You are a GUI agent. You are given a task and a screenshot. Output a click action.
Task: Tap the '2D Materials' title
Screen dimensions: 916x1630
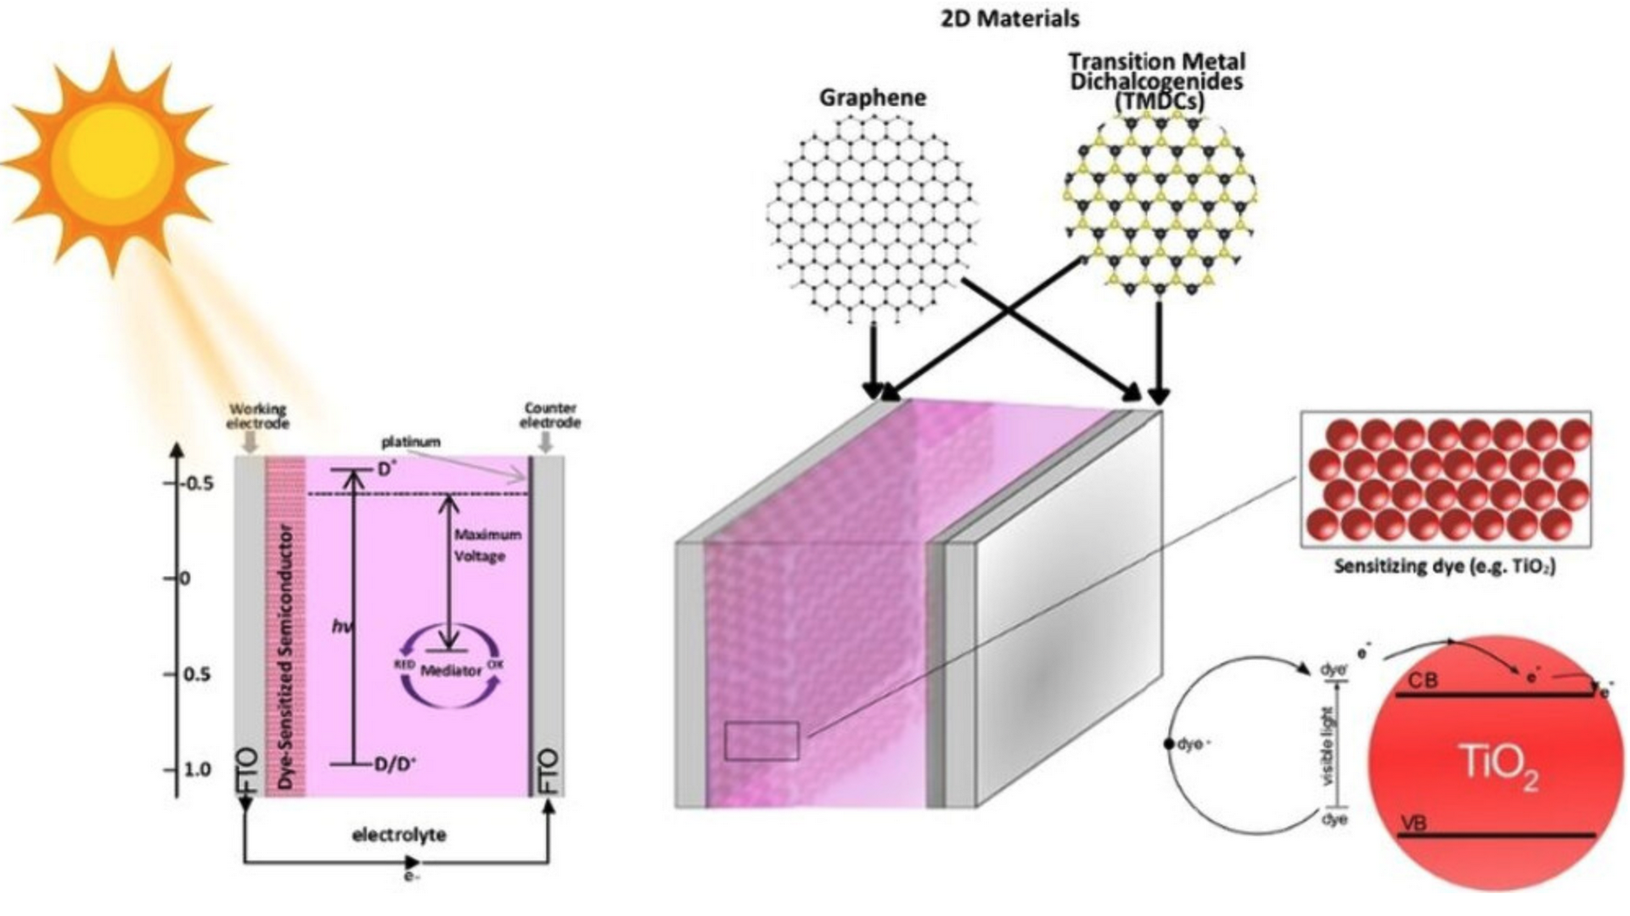[x=1009, y=18]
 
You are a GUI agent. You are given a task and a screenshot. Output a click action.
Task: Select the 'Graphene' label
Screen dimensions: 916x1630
[x=872, y=98]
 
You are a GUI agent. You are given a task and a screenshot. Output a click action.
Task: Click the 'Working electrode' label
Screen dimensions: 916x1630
[x=257, y=416]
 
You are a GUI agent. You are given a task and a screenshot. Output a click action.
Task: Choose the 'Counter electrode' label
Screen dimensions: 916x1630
[x=550, y=415]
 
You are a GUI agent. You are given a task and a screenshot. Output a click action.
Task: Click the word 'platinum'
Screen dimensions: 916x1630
[x=411, y=441]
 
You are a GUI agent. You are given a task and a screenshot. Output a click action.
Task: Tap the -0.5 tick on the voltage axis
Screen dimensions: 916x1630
[x=197, y=483]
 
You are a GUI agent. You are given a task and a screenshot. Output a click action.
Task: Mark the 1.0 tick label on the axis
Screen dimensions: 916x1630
[x=197, y=769]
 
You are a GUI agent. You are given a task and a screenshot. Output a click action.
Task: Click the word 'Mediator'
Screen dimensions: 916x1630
[x=451, y=671]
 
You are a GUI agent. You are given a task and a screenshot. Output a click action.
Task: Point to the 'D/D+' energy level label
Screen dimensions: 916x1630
[x=396, y=764]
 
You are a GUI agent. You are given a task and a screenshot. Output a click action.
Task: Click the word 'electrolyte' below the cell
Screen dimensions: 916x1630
[x=399, y=835]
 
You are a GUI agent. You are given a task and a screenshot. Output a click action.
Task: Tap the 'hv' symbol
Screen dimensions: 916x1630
[x=341, y=627]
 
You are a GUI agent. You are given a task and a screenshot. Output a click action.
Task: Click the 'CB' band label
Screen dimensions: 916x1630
[x=1423, y=681]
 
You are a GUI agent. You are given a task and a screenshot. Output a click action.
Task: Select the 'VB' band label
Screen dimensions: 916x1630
[x=1413, y=823]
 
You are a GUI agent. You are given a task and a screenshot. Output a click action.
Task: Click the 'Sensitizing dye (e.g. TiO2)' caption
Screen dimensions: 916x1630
[x=1445, y=566]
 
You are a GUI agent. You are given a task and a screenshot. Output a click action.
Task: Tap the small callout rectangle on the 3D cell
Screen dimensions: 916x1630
[x=762, y=741]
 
